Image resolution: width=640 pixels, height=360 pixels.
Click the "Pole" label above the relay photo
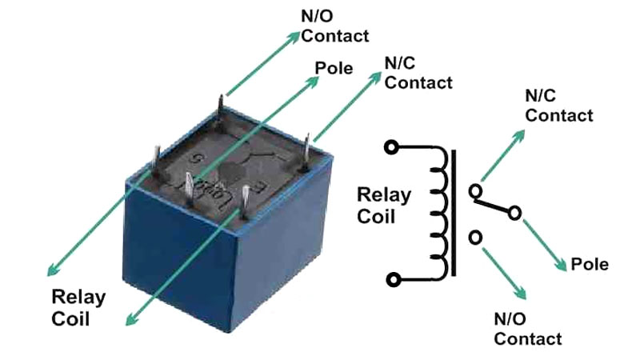pyautogui.click(x=334, y=68)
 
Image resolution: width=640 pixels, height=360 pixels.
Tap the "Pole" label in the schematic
pyautogui.click(x=590, y=264)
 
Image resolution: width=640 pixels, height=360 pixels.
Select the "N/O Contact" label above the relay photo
pyautogui.click(x=335, y=27)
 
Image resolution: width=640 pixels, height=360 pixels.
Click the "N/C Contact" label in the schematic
pyautogui.click(x=558, y=105)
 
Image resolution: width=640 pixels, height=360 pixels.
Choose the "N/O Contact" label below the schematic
pyautogui.click(x=527, y=328)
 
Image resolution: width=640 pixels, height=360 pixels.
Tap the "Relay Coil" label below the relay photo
pyautogui.click(x=78, y=308)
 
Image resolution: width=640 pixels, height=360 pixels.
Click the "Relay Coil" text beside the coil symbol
pyautogui.click(x=383, y=205)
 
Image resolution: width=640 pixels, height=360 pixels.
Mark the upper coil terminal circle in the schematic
pyautogui.click(x=391, y=146)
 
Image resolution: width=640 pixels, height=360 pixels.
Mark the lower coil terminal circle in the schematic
pyautogui.click(x=392, y=279)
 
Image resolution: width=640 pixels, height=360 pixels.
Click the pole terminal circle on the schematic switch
pyautogui.click(x=514, y=213)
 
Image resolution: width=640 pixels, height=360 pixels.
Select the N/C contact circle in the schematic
pyautogui.click(x=476, y=191)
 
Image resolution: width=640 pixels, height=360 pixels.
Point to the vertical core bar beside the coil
pyautogui.click(x=454, y=212)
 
